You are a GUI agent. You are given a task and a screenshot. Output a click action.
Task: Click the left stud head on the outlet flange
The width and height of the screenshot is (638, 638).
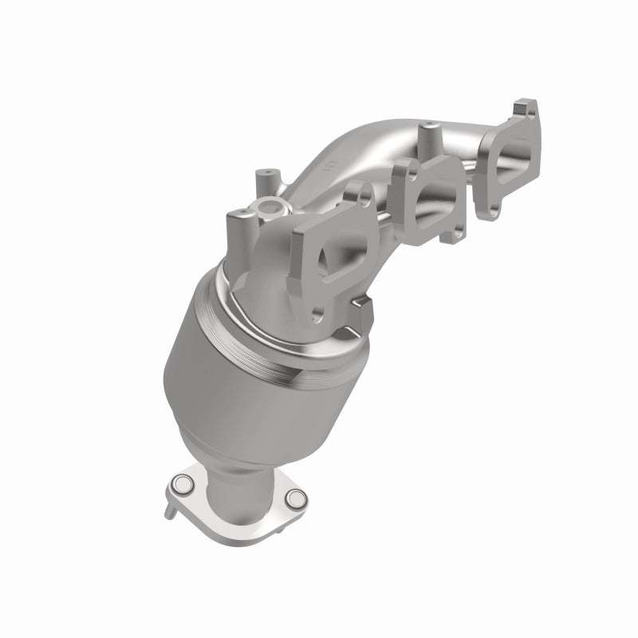180,483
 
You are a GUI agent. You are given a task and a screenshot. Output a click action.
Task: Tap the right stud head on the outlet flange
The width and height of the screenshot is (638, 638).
297,498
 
